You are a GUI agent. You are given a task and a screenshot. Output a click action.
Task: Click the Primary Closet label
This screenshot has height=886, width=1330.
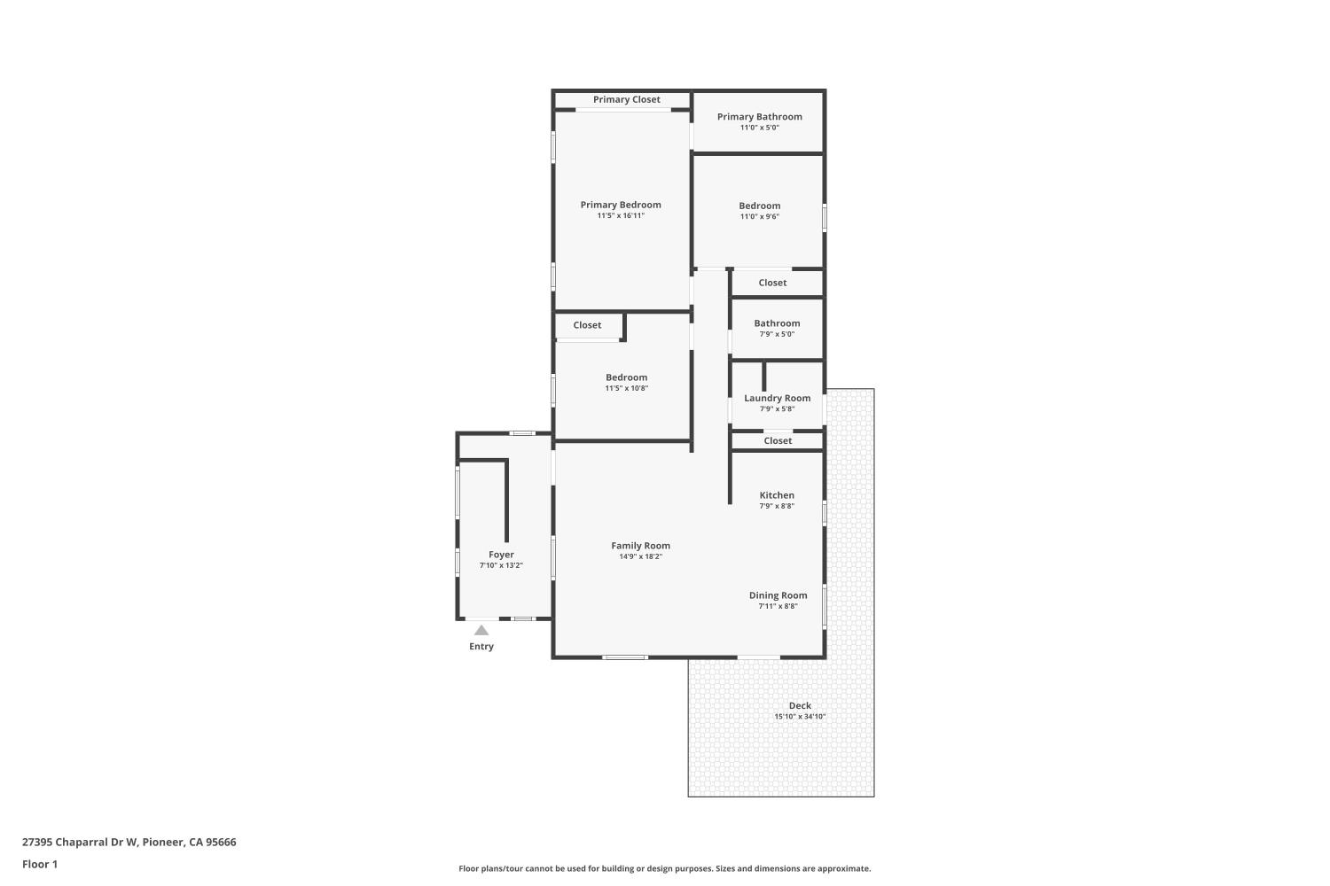pyautogui.click(x=626, y=100)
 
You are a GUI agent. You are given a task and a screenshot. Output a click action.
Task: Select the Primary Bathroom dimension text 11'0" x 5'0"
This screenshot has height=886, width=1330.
pyautogui.click(x=759, y=128)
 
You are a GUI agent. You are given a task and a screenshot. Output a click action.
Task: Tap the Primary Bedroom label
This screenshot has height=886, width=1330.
pyautogui.click(x=621, y=205)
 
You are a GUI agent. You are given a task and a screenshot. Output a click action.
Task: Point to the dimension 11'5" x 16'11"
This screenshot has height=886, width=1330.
pyautogui.click(x=621, y=215)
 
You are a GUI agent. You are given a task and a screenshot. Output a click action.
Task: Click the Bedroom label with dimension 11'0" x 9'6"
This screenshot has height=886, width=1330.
pyautogui.click(x=759, y=206)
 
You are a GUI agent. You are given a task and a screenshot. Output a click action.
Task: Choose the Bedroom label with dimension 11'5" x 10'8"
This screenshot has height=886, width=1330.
pyautogui.click(x=626, y=377)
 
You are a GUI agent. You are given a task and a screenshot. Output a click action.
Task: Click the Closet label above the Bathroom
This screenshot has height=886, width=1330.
pyautogui.click(x=772, y=283)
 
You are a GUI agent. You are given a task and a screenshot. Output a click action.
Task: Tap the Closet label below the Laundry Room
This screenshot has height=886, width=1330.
pyautogui.click(x=778, y=441)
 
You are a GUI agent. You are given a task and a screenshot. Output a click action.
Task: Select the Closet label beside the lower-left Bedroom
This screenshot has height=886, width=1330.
pyautogui.click(x=587, y=325)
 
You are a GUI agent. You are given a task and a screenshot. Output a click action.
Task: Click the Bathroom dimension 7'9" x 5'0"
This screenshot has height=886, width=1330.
pyautogui.click(x=777, y=334)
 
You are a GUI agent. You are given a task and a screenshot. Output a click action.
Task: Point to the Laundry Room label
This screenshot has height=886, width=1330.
pyautogui.click(x=778, y=398)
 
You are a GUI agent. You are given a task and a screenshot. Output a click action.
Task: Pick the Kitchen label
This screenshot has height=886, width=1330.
pyautogui.click(x=777, y=495)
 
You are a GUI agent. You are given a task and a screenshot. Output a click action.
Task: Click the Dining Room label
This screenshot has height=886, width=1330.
pyautogui.click(x=778, y=595)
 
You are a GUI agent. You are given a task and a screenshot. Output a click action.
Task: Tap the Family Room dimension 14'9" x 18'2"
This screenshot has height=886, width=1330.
pyautogui.click(x=641, y=556)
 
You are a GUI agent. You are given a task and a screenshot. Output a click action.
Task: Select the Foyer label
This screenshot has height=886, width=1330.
pyautogui.click(x=501, y=555)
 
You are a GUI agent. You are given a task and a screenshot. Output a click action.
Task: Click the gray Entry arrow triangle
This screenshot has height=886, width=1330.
pyautogui.click(x=481, y=631)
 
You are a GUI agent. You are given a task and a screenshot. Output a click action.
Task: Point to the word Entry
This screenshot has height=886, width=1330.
pyautogui.click(x=481, y=646)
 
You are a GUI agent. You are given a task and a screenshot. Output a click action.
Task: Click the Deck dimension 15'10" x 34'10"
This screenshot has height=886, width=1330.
pyautogui.click(x=800, y=716)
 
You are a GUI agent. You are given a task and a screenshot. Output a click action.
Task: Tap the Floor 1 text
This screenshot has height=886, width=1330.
pyautogui.click(x=40, y=864)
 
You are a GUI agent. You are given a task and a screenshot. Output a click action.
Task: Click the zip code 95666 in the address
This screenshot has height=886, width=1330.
pyautogui.click(x=221, y=842)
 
